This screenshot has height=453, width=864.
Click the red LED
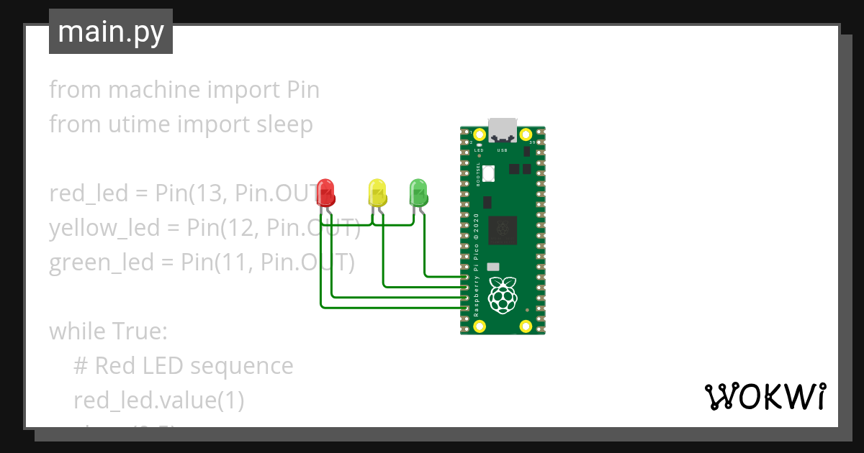click(x=327, y=192)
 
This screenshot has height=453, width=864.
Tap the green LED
click(x=418, y=192)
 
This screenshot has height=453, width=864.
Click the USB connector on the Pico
click(x=503, y=129)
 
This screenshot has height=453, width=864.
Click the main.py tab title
click(x=111, y=32)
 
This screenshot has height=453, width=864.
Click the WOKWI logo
click(x=764, y=396)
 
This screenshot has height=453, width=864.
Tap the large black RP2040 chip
click(x=503, y=231)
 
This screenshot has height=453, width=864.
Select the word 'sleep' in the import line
click(x=285, y=124)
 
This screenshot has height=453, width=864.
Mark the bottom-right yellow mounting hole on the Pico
click(x=526, y=327)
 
